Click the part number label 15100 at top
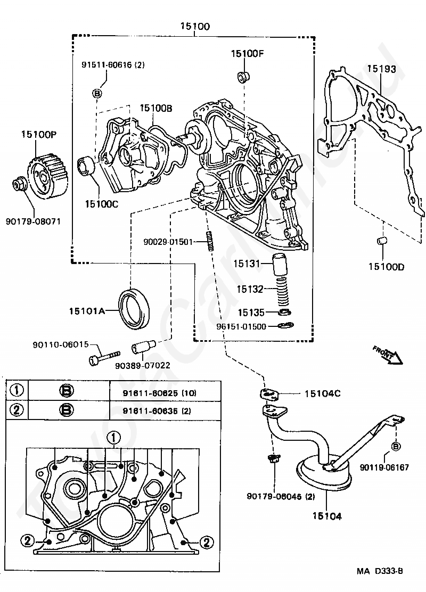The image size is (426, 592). (195, 26)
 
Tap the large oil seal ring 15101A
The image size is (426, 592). (134, 308)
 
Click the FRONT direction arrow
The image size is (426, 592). (388, 355)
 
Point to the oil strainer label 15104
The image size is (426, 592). (327, 516)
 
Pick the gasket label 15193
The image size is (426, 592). (381, 69)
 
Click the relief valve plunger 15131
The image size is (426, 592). (280, 265)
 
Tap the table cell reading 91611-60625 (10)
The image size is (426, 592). (159, 393)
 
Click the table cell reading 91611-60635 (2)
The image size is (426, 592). (157, 411)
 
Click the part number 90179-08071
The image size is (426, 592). (33, 221)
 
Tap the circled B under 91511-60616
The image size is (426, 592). (97, 93)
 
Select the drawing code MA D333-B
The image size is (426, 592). (380, 571)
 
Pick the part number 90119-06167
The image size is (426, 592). (384, 467)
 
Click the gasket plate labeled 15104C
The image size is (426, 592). (269, 394)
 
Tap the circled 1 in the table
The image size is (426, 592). (17, 390)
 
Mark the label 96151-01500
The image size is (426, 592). (241, 326)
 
